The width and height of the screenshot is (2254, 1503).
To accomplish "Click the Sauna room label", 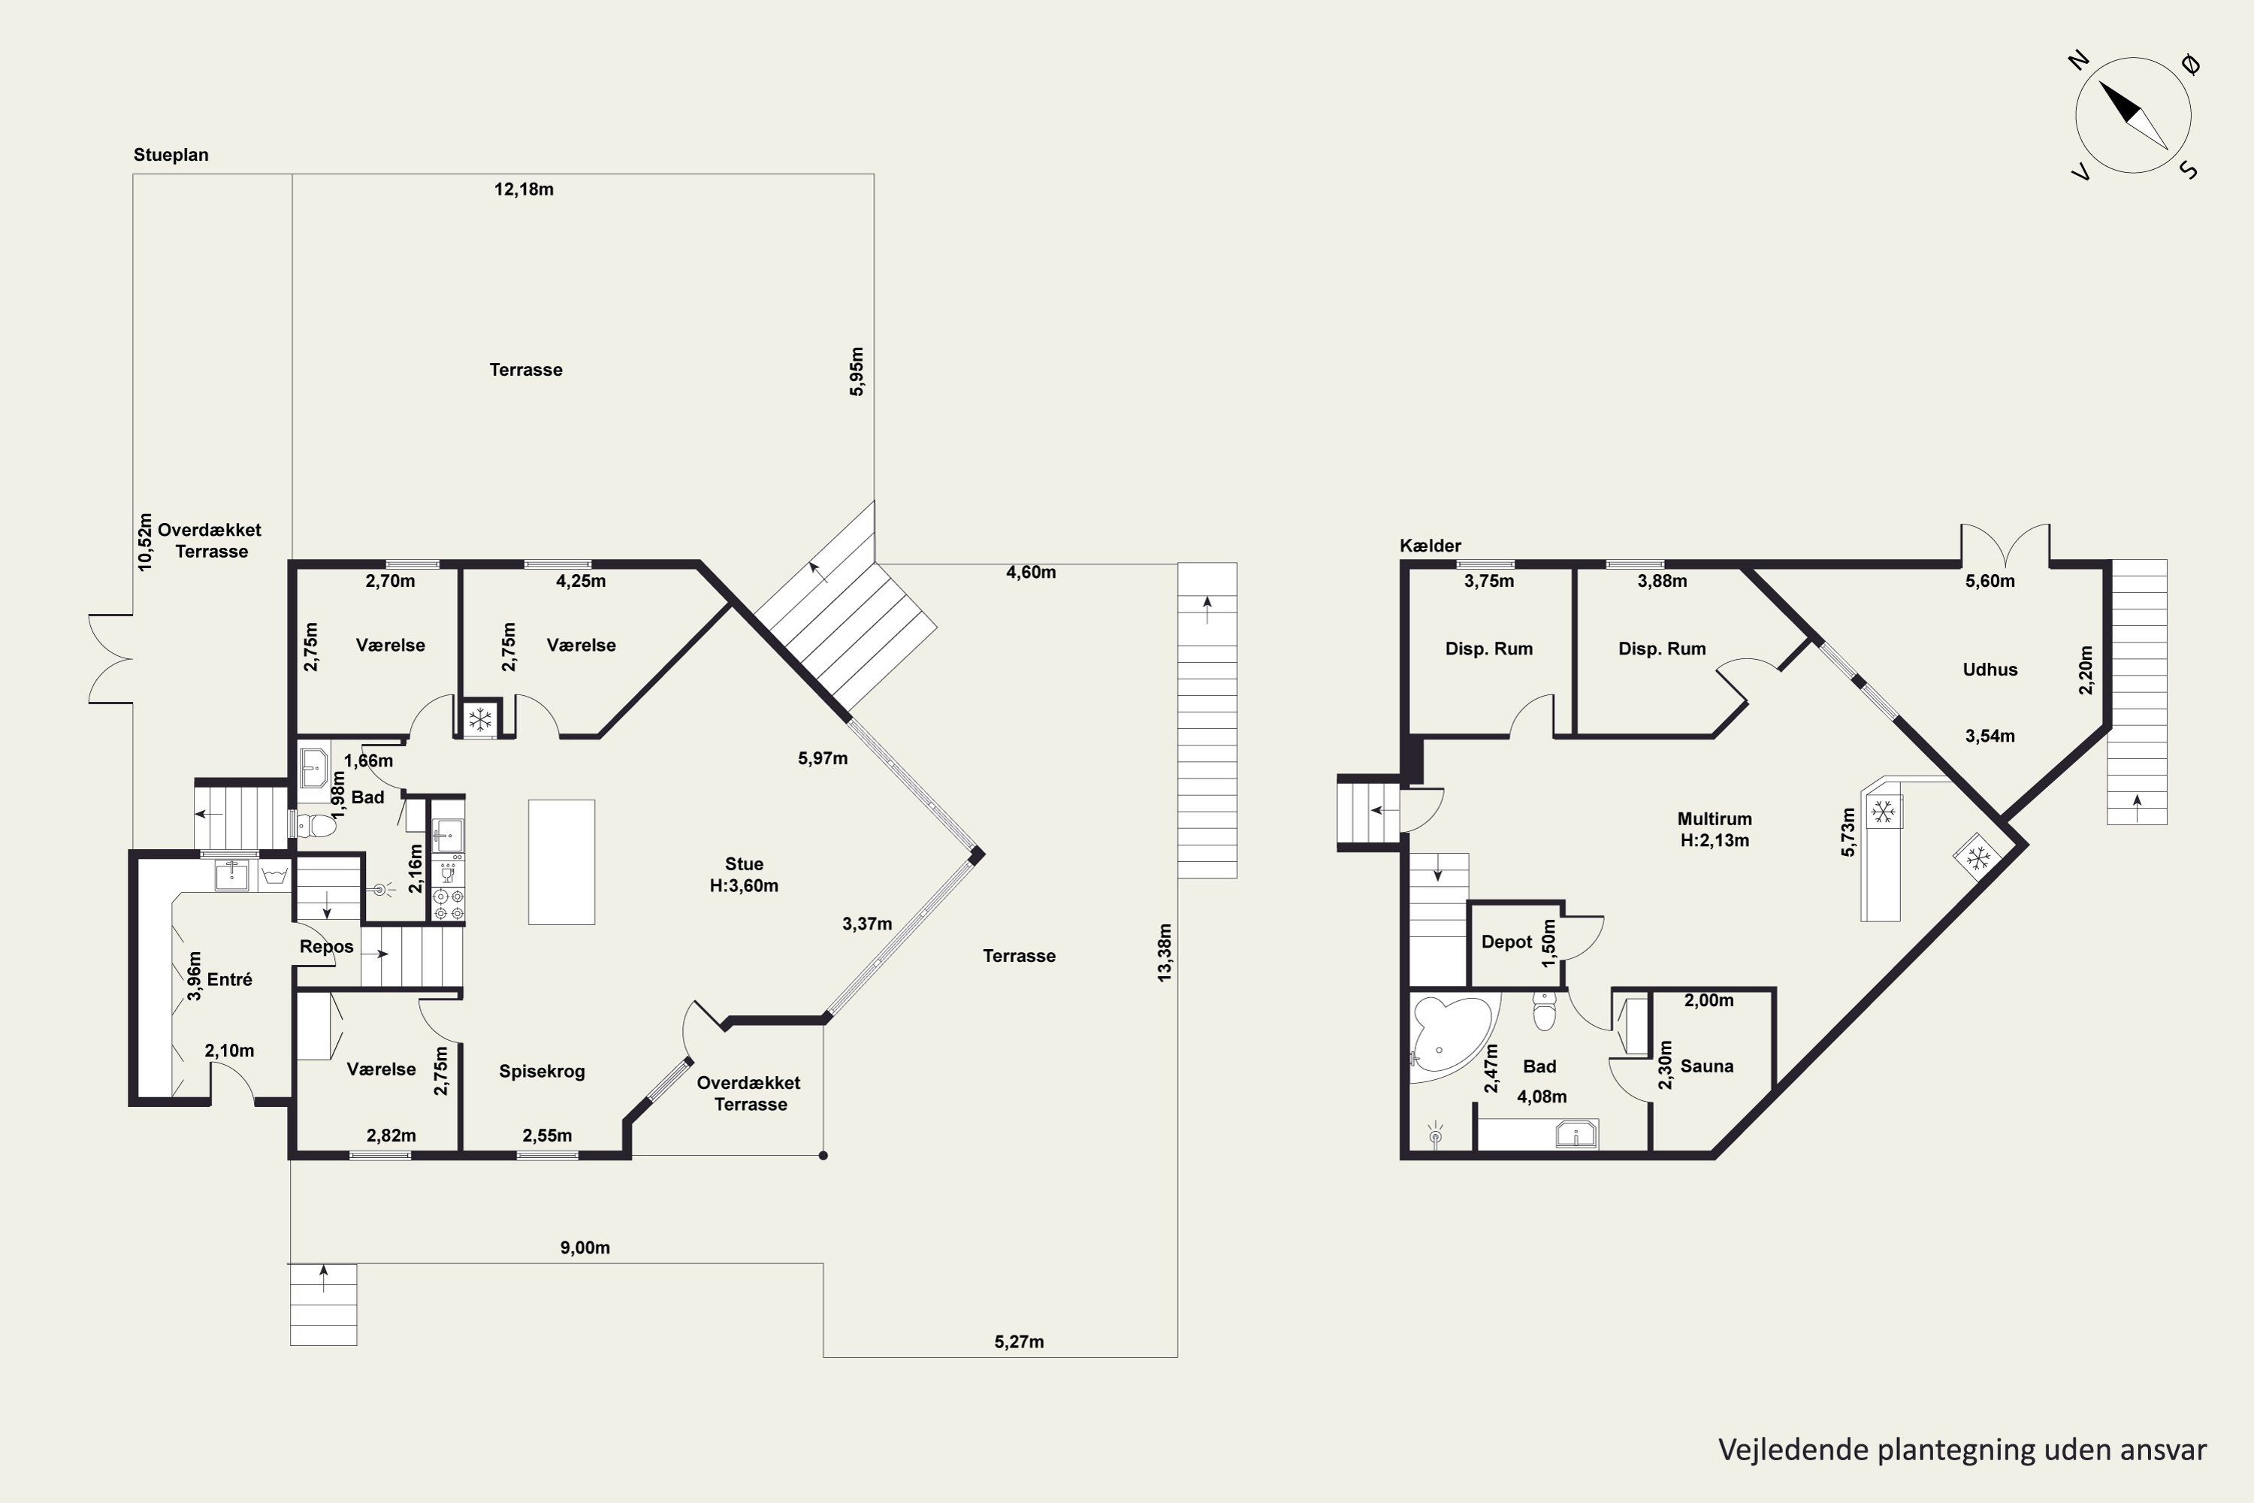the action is [1707, 1066].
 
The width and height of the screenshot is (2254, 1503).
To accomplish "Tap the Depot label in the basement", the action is [1506, 942].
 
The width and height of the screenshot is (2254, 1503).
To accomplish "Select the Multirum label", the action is [1715, 818].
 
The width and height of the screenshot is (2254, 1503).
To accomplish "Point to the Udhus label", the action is [1990, 669].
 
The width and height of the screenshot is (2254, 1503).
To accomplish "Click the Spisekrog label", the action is [542, 1072].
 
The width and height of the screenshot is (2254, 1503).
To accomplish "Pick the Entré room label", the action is [230, 978].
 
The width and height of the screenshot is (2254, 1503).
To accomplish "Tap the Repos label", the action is [327, 947].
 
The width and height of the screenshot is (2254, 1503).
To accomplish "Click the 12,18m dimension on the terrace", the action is [524, 189].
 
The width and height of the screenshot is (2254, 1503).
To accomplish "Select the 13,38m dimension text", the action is [1165, 952].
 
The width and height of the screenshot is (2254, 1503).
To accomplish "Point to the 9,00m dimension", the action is [585, 1247].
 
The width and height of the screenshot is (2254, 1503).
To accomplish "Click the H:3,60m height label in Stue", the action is [744, 886].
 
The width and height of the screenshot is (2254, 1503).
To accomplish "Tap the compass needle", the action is [2133, 115].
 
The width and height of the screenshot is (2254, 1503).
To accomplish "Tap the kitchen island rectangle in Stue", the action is [561, 862].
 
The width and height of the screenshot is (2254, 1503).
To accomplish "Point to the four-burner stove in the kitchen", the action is [448, 905].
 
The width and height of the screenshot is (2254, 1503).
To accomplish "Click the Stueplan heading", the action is [171, 154].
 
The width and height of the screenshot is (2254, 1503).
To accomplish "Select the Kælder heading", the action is [1430, 546].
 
